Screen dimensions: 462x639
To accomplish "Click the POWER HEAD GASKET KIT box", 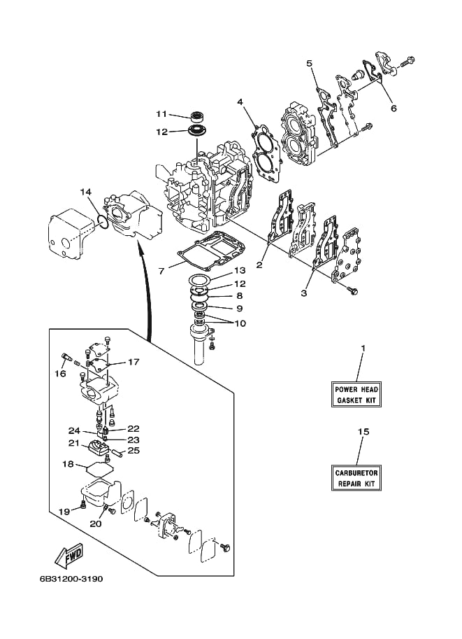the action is [x=356, y=395].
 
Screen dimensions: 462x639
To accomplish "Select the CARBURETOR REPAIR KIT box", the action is [x=356, y=478].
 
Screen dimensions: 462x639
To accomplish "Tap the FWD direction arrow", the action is [x=69, y=556].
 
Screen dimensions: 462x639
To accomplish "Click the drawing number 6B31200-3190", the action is [x=71, y=579].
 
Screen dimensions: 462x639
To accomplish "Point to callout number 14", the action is [x=85, y=192].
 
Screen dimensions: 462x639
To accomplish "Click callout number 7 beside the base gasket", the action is [x=161, y=271].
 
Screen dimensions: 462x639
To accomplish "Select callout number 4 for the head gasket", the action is [x=240, y=101].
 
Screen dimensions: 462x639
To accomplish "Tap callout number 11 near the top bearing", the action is [x=161, y=114].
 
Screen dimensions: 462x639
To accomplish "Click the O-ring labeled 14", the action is [x=103, y=223].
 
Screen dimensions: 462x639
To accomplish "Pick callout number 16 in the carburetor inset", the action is [x=60, y=373].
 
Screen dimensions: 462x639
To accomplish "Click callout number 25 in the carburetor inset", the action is [x=133, y=450].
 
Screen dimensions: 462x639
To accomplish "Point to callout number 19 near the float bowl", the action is [x=65, y=512].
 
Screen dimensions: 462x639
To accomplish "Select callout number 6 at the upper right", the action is [x=394, y=108].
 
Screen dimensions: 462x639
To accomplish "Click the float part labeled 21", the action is [x=98, y=450].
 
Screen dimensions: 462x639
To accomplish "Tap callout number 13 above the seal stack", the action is [x=240, y=271].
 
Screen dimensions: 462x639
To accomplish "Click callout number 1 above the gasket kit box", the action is [x=363, y=349].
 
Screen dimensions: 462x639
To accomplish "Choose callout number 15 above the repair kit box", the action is [x=363, y=432].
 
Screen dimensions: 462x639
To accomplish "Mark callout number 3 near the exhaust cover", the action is [x=304, y=293].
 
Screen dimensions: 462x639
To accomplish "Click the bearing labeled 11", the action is [x=197, y=115].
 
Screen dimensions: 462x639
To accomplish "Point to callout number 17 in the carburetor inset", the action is [x=133, y=362].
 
